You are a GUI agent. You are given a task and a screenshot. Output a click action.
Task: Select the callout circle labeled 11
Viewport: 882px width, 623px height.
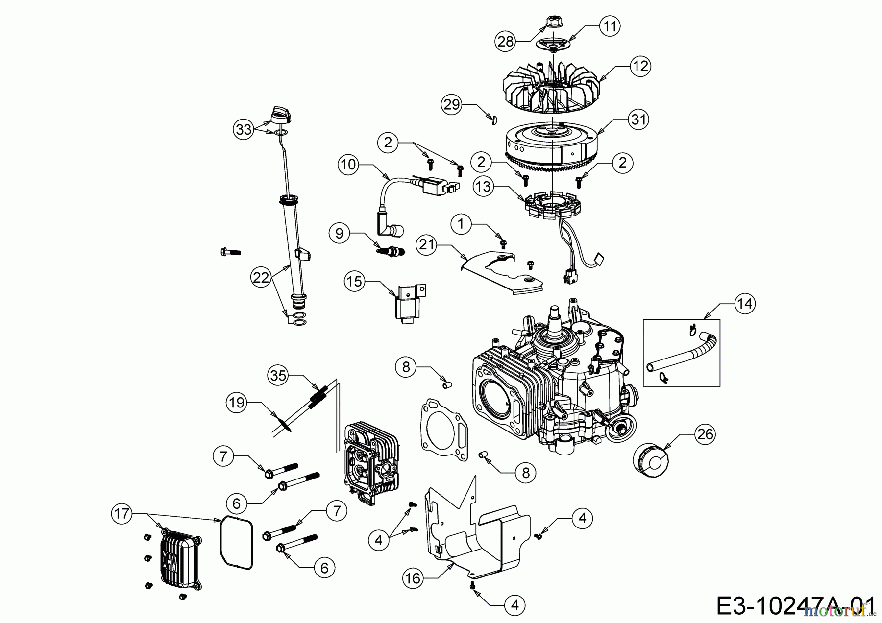[610, 26]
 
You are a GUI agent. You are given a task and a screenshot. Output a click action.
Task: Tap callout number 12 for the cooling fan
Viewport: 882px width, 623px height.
[640, 66]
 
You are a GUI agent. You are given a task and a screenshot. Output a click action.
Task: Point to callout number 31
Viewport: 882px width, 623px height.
[638, 120]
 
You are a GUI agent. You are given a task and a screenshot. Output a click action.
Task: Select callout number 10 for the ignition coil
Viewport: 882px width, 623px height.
[348, 164]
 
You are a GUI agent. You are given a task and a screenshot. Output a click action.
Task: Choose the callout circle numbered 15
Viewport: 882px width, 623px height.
[355, 281]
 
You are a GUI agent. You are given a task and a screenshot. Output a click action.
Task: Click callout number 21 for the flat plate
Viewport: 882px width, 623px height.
[427, 244]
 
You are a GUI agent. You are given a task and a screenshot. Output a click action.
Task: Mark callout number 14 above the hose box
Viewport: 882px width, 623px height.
[744, 304]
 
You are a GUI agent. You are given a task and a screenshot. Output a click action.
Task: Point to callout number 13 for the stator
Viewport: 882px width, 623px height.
[484, 187]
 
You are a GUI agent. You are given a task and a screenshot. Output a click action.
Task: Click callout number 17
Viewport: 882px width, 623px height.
[122, 514]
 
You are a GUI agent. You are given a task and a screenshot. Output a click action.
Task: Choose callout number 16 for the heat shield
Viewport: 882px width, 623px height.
[413, 578]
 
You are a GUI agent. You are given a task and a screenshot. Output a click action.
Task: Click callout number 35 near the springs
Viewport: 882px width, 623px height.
[278, 376]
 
